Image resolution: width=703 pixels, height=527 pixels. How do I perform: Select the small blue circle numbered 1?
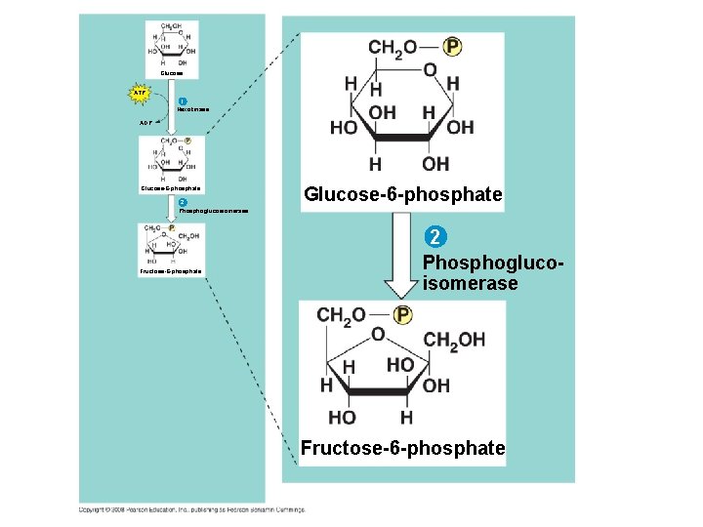[x=182, y=101]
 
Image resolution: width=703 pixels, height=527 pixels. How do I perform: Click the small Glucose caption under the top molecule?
[x=171, y=72]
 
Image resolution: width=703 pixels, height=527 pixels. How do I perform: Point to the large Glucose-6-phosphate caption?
[x=402, y=196]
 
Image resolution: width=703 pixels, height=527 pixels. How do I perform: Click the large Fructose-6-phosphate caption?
[x=402, y=448]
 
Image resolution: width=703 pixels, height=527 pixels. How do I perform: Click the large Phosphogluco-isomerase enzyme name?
[x=470, y=273]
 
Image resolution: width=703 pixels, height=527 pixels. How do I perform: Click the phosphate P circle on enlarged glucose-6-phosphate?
[x=452, y=47]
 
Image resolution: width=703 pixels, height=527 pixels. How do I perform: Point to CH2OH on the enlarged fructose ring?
[x=454, y=340]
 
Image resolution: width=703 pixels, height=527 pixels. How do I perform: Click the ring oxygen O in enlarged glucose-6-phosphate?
[x=430, y=69]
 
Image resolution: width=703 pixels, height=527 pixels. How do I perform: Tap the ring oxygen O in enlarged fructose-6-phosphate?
[x=378, y=334]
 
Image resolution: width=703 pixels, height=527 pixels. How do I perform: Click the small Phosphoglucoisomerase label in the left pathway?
[x=213, y=211]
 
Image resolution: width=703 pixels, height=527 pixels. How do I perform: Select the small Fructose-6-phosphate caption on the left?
[x=171, y=271]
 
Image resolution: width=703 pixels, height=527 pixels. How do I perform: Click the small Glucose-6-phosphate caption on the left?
[x=171, y=189]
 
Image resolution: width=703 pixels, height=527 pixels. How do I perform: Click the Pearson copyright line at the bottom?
[x=191, y=508]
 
